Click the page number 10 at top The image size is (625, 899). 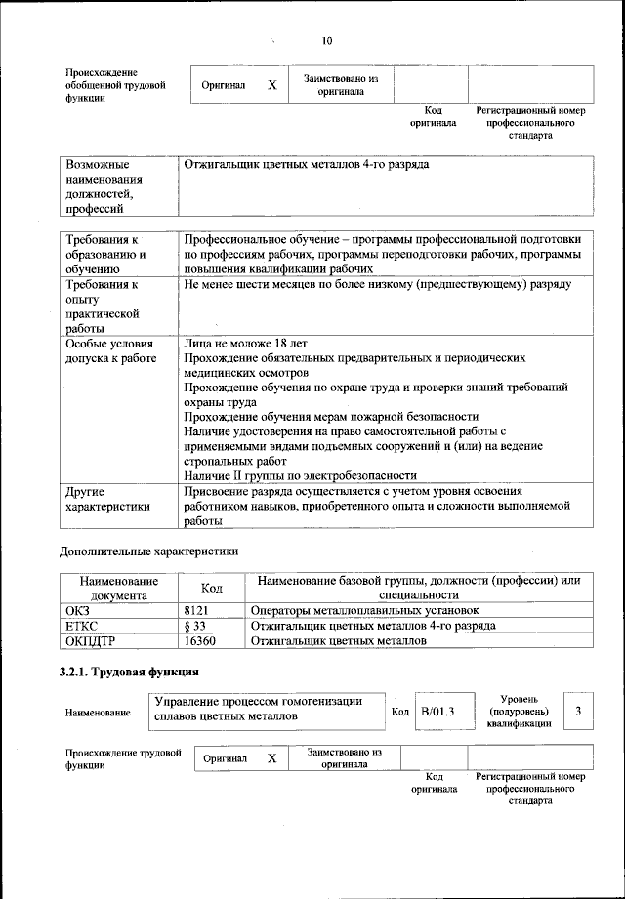coord(326,40)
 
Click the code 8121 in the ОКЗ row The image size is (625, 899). coord(198,610)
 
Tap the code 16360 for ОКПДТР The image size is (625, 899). coord(199,641)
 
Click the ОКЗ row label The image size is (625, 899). coord(77,610)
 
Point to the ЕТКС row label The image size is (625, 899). coord(81,626)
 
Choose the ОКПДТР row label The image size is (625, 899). coord(89,641)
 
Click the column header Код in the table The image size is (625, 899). coord(212,588)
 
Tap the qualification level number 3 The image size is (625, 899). coord(579,711)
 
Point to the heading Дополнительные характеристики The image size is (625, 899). coord(149,551)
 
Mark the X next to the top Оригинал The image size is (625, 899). coord(272,85)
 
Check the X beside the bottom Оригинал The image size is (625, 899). coord(272,758)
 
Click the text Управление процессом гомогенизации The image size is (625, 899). coord(259,701)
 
